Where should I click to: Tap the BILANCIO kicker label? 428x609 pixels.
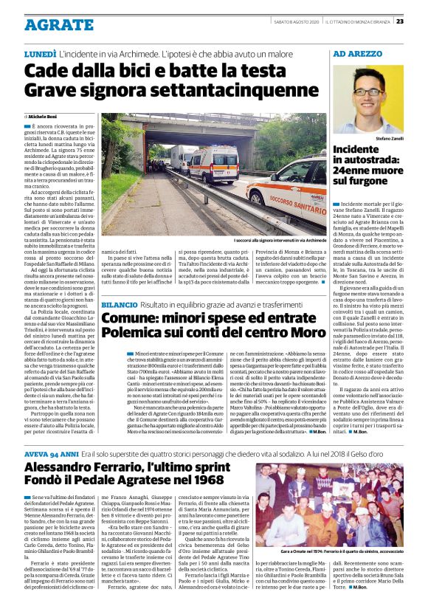(119, 304)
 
